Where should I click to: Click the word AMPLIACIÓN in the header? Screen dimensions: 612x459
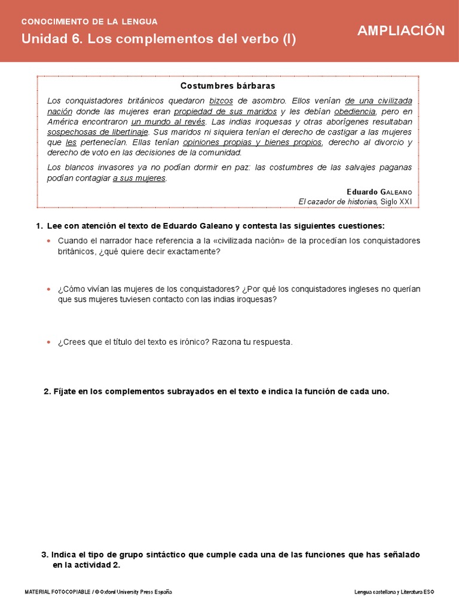point(401,31)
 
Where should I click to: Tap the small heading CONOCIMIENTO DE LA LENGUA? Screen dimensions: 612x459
point(90,22)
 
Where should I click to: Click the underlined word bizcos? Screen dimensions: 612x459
point(221,100)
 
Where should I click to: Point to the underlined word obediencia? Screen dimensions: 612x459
point(355,111)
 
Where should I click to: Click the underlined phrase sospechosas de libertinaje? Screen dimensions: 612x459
point(97,131)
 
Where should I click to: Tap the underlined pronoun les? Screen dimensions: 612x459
point(71,142)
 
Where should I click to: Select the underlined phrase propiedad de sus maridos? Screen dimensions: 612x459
point(225,111)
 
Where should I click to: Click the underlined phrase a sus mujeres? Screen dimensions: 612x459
point(139,178)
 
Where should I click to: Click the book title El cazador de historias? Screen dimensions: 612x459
point(338,201)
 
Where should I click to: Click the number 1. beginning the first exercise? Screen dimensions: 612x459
point(39,226)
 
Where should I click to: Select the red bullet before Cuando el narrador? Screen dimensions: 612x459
point(50,241)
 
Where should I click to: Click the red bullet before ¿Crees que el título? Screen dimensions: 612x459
point(50,342)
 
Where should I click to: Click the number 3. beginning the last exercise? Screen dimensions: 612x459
point(45,555)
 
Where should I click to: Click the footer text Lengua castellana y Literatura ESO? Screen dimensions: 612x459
point(394,592)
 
